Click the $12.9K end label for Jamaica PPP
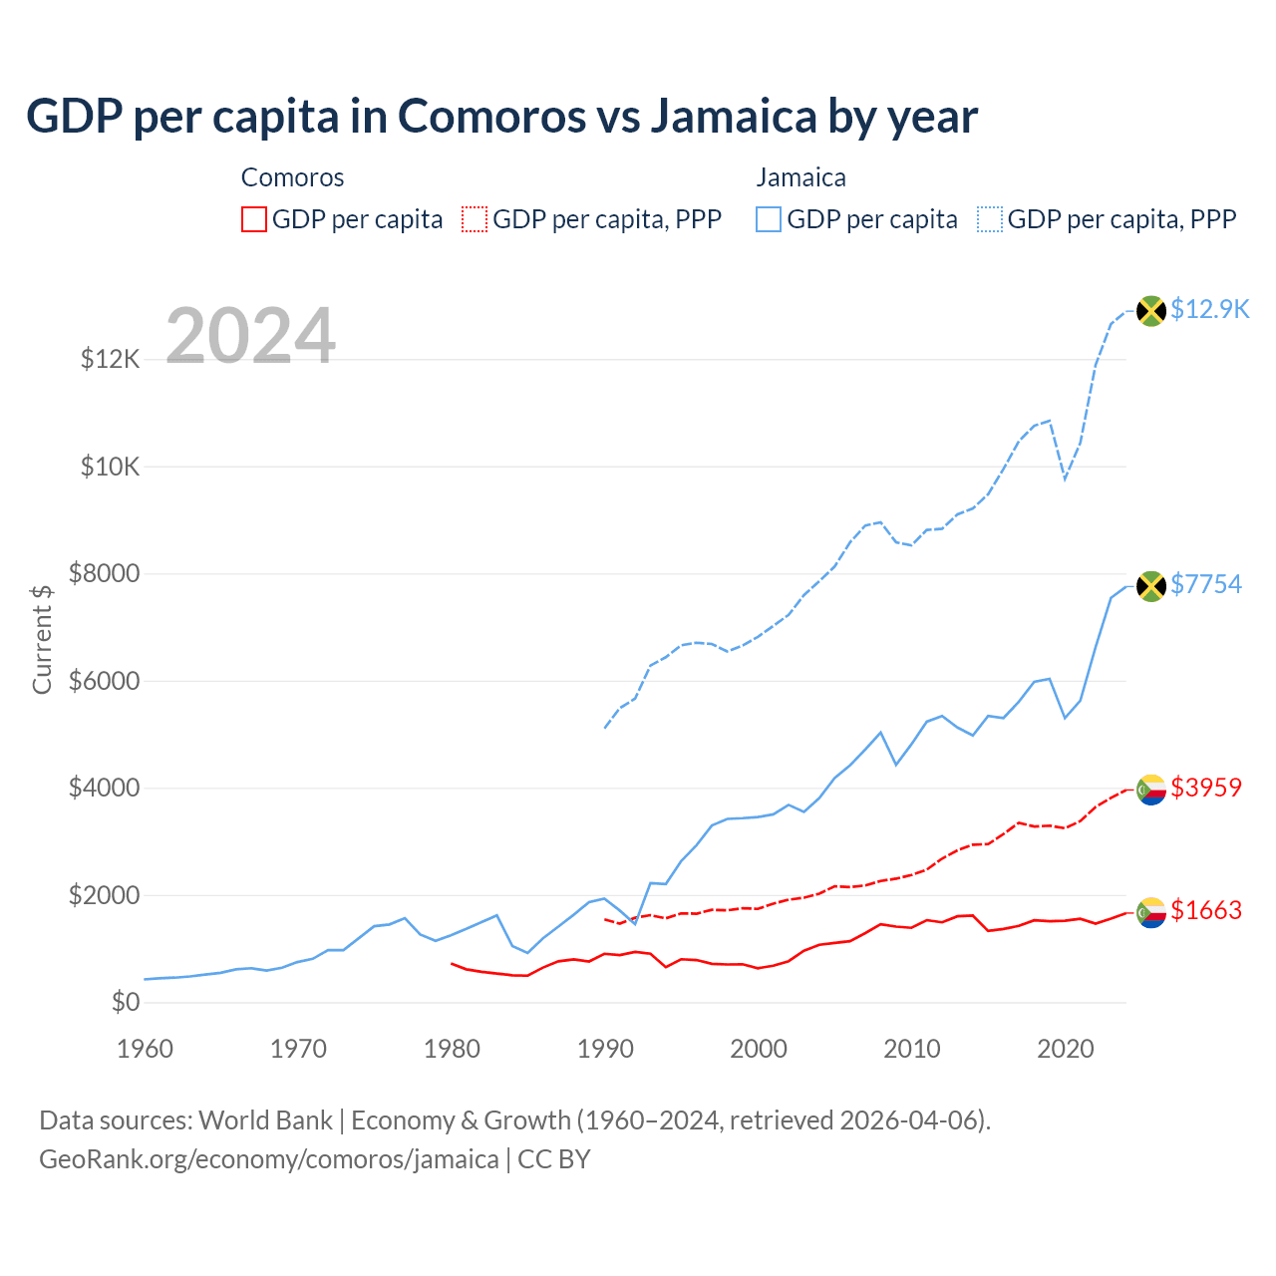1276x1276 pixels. coord(1209,309)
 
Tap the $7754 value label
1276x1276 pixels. coord(1206,584)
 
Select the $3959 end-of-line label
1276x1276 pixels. coord(1206,788)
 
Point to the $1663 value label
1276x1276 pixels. coord(1206,910)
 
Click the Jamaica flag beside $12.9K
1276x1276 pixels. coord(1151,311)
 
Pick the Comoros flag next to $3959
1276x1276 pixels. coord(1151,790)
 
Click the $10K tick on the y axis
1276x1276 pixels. coord(111,467)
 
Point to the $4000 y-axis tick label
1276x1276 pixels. coord(105,789)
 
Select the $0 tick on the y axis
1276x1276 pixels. coord(126,1003)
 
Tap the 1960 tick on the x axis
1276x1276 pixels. coord(146,1049)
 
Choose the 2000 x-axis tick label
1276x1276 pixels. coord(759,1049)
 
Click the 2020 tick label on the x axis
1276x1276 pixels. coord(1066,1049)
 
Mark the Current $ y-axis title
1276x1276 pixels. coord(42,639)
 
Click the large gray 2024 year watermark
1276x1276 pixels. coord(250,336)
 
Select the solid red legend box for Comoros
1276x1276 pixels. coord(254,219)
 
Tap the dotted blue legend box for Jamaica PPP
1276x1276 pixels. coord(990,219)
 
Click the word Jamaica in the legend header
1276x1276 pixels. coord(800,177)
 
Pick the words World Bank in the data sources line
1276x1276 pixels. coord(265,1120)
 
